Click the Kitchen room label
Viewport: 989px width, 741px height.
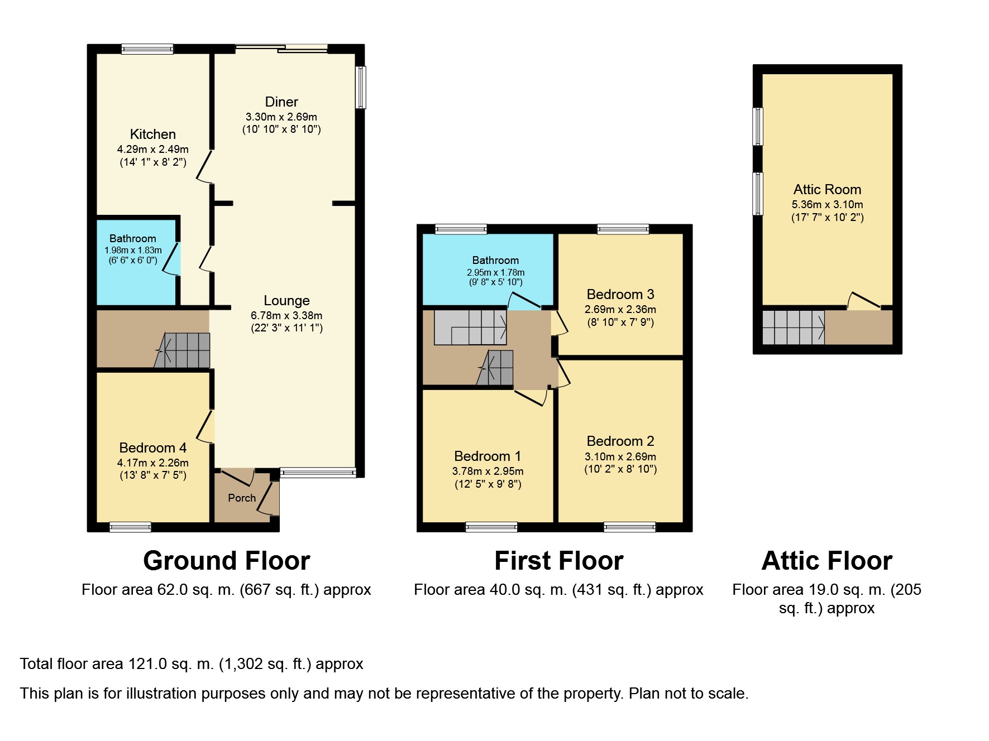tap(152, 134)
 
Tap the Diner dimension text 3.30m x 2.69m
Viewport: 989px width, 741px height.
tap(281, 117)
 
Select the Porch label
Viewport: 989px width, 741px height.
tap(242, 498)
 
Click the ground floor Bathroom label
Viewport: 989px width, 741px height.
tap(132, 238)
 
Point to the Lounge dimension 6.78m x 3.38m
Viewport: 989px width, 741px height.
tap(286, 315)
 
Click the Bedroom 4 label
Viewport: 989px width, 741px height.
tap(152, 448)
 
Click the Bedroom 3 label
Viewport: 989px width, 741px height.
tap(620, 295)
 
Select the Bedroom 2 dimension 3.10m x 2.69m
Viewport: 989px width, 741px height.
tap(620, 456)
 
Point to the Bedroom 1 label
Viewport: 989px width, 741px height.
tap(487, 456)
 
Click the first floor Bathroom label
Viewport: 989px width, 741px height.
tap(495, 260)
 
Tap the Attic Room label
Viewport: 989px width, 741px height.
tap(827, 190)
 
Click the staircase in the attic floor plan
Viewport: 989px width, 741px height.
tap(793, 328)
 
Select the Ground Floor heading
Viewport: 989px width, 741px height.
tap(226, 561)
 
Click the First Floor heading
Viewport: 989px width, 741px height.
tap(558, 561)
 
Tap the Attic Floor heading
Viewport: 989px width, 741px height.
tap(826, 561)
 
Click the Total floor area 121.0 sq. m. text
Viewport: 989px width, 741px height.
tap(192, 664)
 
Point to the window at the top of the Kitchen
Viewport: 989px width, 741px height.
tap(147, 49)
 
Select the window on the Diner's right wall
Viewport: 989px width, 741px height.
tap(361, 87)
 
